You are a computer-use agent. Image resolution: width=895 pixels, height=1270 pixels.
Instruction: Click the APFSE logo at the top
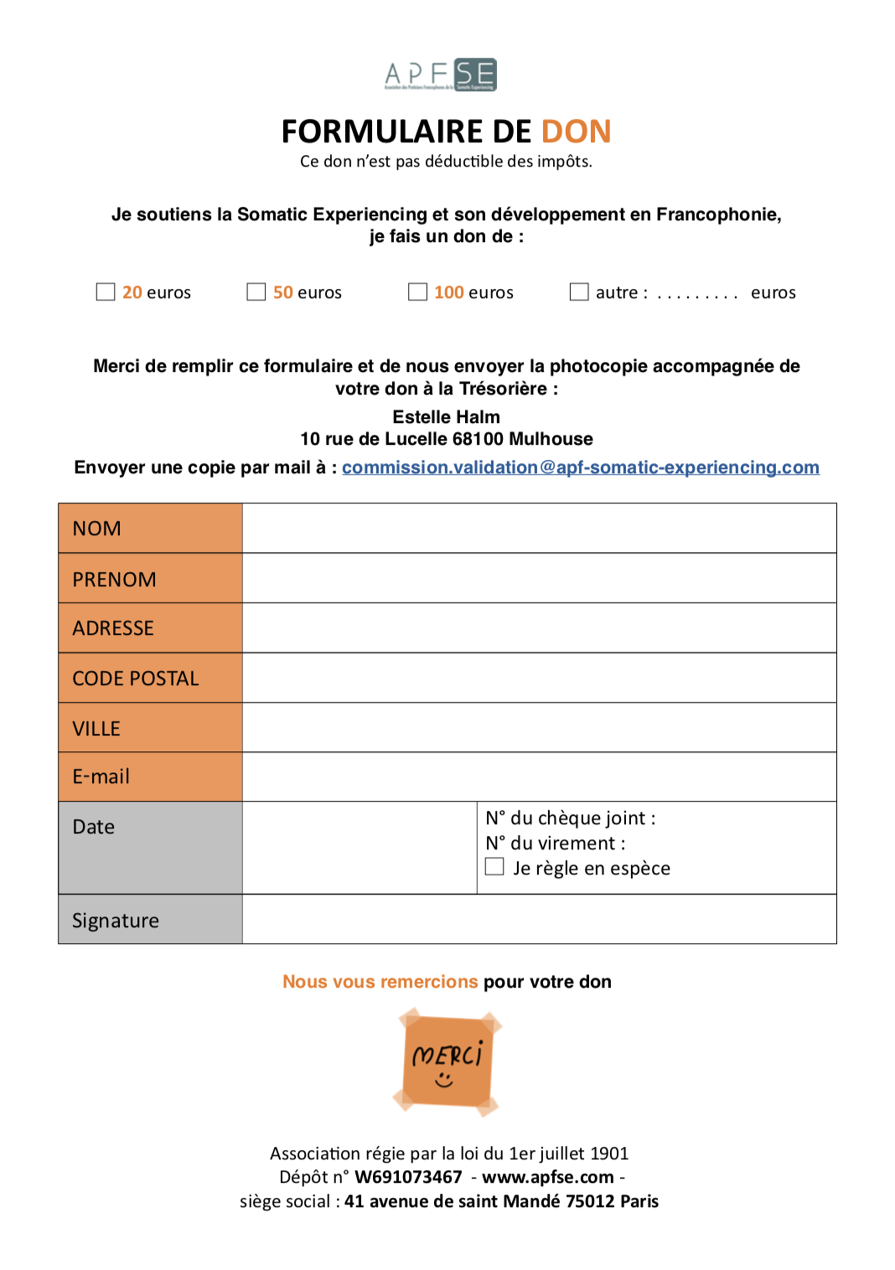(441, 75)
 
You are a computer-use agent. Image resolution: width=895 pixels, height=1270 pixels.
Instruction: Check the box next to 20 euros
(106, 292)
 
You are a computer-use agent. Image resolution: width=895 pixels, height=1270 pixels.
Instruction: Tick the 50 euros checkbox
(256, 292)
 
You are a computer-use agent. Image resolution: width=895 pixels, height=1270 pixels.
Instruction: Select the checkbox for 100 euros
(417, 292)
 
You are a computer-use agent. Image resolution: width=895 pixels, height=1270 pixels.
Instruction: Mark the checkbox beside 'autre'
(579, 292)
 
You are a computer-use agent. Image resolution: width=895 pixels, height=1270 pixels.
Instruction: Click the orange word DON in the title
(577, 132)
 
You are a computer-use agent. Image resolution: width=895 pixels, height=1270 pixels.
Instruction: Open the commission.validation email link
(580, 467)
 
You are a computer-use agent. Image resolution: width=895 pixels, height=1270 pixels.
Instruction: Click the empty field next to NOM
(539, 529)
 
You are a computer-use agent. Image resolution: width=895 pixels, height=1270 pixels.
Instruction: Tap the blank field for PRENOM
(539, 579)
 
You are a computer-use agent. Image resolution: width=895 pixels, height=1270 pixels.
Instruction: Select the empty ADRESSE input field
(539, 628)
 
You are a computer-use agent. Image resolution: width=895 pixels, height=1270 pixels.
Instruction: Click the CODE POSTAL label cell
(151, 678)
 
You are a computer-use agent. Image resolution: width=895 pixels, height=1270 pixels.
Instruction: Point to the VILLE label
(97, 729)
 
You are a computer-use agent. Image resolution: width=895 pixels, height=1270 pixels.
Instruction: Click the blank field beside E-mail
(539, 777)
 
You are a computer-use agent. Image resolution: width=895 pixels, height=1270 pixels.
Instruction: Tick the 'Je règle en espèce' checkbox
(495, 866)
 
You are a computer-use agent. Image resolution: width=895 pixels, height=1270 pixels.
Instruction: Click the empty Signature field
(539, 920)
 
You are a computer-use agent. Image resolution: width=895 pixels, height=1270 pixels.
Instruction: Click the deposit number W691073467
(408, 1177)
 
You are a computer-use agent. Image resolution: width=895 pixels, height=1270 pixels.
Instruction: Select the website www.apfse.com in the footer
(547, 1177)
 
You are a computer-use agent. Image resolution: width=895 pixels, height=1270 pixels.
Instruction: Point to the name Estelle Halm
(446, 417)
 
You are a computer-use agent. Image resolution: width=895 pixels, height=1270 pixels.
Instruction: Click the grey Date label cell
(151, 848)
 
